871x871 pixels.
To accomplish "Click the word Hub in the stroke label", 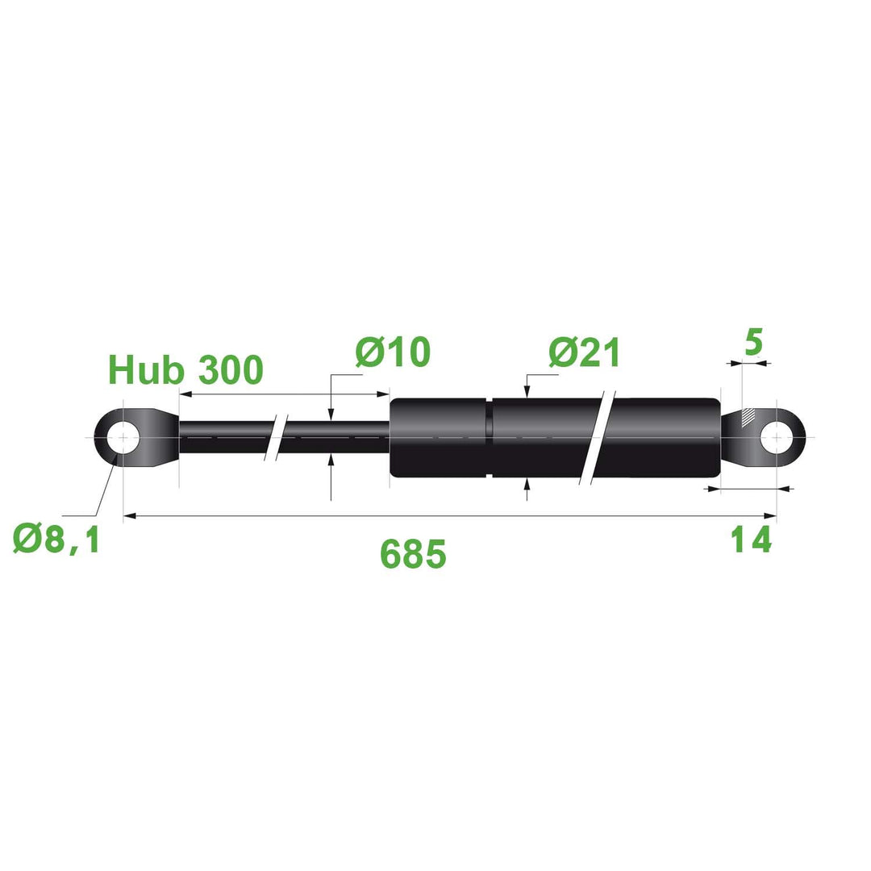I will tap(146, 370).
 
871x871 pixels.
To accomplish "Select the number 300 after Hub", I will tap(231, 370).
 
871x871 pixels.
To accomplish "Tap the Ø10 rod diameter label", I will tap(393, 352).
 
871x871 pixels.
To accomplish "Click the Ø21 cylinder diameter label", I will tap(585, 353).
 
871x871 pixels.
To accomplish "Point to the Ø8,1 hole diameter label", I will tap(56, 539).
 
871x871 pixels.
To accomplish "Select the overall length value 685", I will tap(413, 554).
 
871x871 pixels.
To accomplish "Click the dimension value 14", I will tap(752, 540).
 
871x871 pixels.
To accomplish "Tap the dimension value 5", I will tap(752, 342).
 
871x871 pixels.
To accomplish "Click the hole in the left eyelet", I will tap(123, 438).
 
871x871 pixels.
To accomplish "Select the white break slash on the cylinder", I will tap(598, 438).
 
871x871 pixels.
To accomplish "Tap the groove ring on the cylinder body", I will tap(490, 438).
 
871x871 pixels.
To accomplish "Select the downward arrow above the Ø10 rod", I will tap(331, 415).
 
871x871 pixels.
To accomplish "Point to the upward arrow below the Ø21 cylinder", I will tap(527, 484).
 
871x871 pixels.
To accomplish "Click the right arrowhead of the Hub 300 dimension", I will tap(384, 394).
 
